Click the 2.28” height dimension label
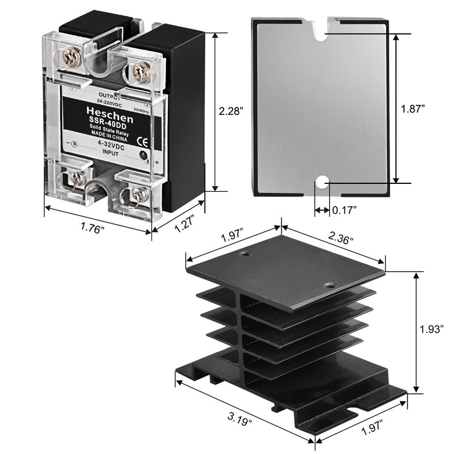(231, 111)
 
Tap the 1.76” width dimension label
(93, 228)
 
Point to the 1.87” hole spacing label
(413, 109)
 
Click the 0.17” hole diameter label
(344, 210)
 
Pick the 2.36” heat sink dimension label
(341, 238)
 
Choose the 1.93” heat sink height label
(432, 329)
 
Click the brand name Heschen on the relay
(110, 115)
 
